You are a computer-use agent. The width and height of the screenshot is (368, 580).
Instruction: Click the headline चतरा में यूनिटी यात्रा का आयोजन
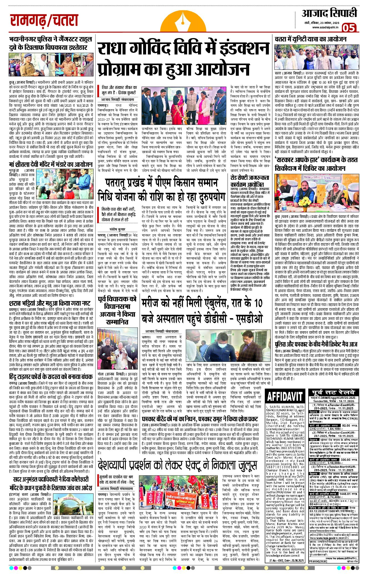click(310, 39)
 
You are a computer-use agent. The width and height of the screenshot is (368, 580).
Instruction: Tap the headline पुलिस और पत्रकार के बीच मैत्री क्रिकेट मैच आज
click(316, 345)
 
